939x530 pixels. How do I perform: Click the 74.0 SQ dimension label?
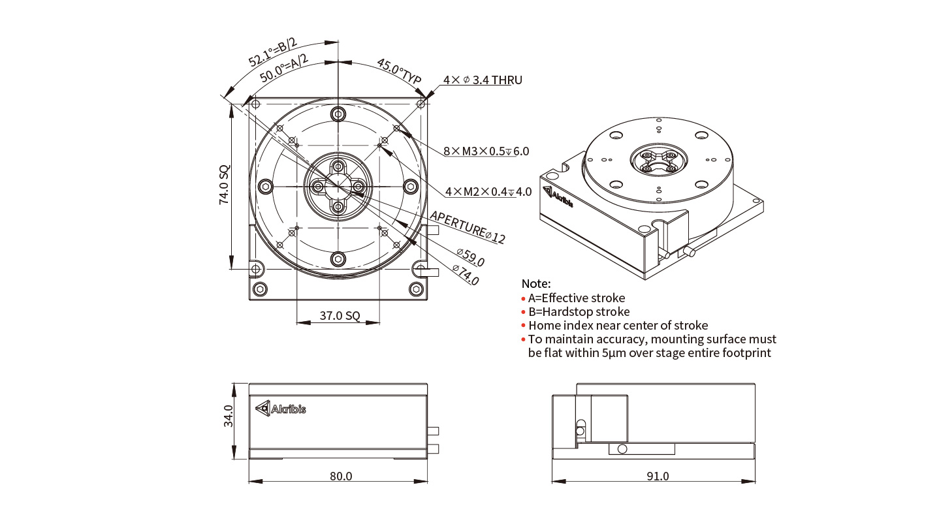(x=224, y=185)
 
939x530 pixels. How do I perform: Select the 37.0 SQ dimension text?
(x=340, y=316)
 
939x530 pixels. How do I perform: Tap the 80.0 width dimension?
(x=340, y=476)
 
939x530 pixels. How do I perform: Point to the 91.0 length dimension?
(x=658, y=476)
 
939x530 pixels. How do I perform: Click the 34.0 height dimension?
(x=228, y=416)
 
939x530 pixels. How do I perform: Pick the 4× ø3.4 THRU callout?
(x=483, y=80)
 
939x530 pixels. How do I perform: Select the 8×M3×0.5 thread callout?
(x=486, y=151)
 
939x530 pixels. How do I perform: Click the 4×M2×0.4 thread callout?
(x=488, y=192)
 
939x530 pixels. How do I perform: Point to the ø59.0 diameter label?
(x=470, y=257)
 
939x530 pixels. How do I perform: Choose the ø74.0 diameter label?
(x=466, y=275)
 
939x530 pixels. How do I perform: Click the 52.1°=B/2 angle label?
(x=272, y=53)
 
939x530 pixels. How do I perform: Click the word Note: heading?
(x=536, y=284)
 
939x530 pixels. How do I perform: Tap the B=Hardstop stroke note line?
(x=579, y=311)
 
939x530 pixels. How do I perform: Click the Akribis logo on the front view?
(x=280, y=409)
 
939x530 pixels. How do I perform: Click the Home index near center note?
(x=618, y=325)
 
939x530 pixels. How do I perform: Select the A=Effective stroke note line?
(x=576, y=298)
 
